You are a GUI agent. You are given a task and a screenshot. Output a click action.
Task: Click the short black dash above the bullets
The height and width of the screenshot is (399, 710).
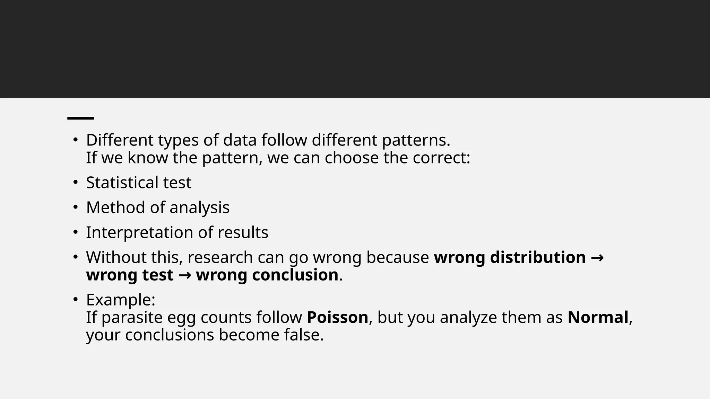pyautogui.click(x=80, y=118)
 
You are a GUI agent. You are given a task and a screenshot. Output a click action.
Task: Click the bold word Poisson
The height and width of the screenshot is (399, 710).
pyautogui.click(x=337, y=317)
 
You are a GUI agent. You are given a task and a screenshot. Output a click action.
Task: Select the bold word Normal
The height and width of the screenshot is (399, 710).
pyautogui.click(x=598, y=317)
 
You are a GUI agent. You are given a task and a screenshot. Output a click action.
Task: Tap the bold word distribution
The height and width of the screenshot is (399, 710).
pyautogui.click(x=538, y=257)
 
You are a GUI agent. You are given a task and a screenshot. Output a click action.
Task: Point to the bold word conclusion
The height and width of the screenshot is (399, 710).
pyautogui.click(x=267, y=275)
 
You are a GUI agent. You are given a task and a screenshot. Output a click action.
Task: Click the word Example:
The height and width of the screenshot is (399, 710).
pyautogui.click(x=121, y=300)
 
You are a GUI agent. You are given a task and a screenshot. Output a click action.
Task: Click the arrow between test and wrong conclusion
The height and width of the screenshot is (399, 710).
pyautogui.click(x=185, y=275)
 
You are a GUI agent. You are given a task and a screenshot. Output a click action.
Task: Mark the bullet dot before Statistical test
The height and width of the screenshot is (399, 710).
pyautogui.click(x=75, y=183)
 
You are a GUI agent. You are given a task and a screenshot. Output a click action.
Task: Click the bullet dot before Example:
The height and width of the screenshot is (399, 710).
pyautogui.click(x=75, y=300)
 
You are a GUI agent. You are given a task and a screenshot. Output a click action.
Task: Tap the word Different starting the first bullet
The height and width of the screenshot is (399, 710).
pyautogui.click(x=120, y=140)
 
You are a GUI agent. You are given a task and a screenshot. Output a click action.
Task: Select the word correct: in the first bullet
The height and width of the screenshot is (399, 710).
pyautogui.click(x=441, y=158)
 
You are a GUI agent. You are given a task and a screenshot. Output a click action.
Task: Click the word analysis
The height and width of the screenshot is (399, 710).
pyautogui.click(x=199, y=207)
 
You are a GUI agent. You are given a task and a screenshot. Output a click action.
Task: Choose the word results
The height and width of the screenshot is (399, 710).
pyautogui.click(x=243, y=232)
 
